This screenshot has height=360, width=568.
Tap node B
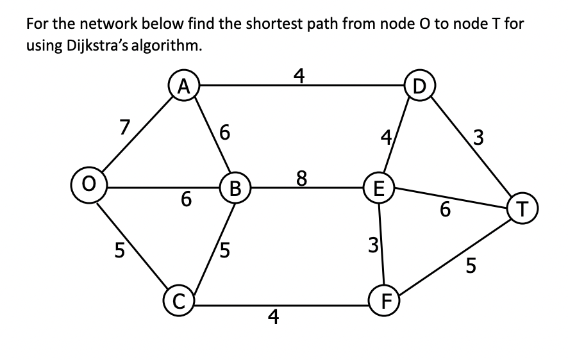(235, 188)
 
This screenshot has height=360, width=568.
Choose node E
(379, 188)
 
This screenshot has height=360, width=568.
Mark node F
(385, 300)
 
